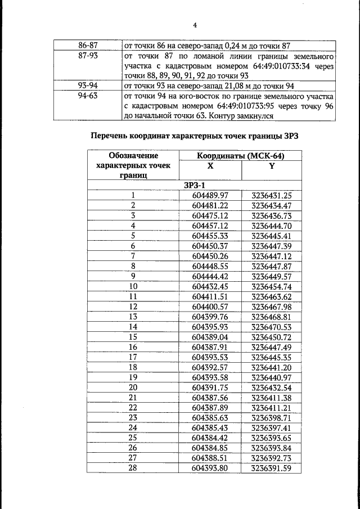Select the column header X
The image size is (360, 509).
(x=210, y=166)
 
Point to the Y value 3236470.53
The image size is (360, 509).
(x=272, y=326)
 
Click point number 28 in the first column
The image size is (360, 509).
(x=133, y=468)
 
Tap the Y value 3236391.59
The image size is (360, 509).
(x=272, y=468)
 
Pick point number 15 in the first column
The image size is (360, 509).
(x=133, y=336)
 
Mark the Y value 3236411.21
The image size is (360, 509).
(x=272, y=407)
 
